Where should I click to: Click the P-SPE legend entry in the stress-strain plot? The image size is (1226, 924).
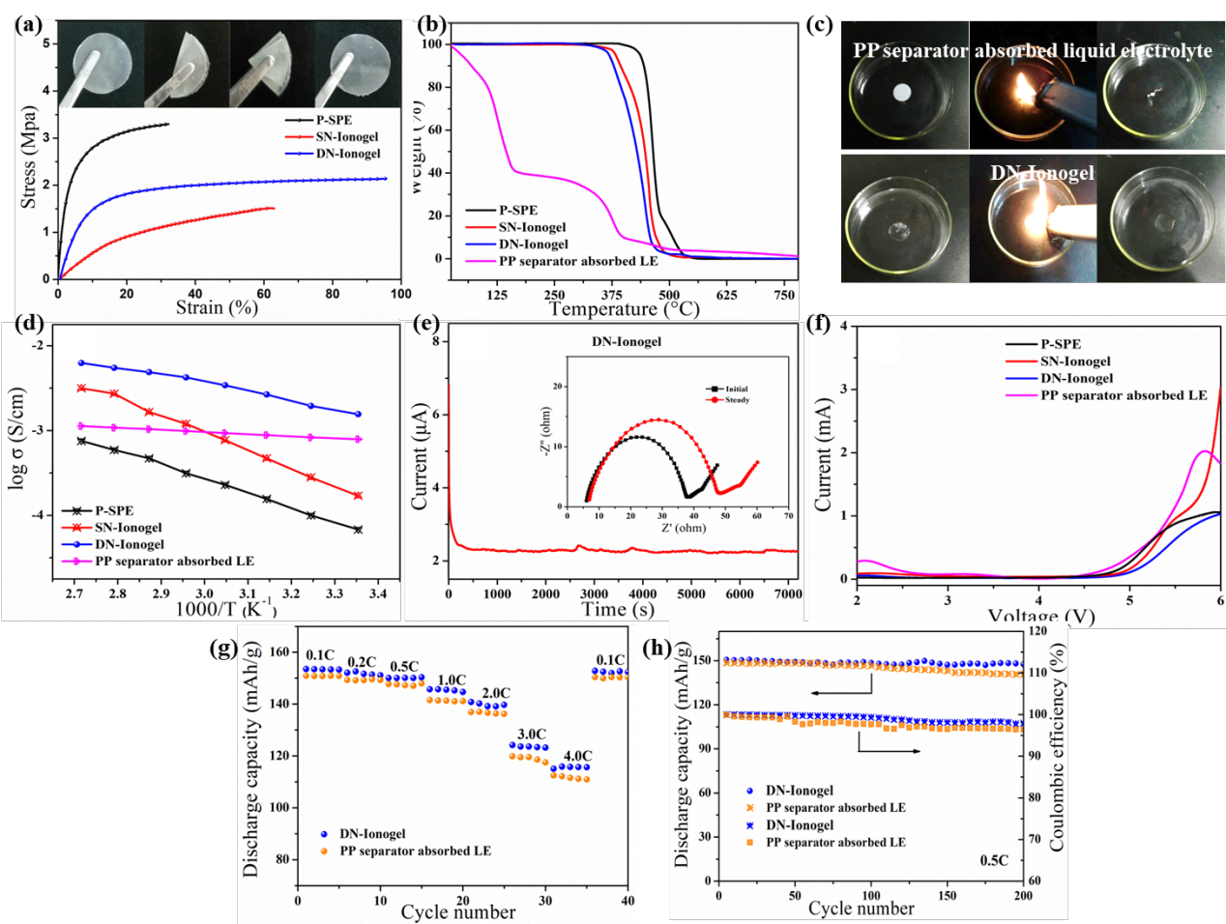coord(333,120)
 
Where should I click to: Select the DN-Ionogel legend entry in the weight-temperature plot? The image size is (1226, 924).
coord(533,245)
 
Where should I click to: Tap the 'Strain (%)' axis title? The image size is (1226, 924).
coord(217,307)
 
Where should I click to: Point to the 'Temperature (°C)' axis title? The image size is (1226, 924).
coord(624,309)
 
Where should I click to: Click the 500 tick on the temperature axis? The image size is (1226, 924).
coord(669,295)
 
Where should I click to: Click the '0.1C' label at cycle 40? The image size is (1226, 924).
coord(610,660)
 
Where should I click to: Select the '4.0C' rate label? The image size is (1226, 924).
coord(577,756)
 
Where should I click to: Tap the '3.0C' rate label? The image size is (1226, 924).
coord(531,735)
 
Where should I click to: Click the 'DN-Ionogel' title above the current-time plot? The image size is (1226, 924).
coord(627,341)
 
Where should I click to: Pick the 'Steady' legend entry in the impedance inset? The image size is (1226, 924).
coord(737,400)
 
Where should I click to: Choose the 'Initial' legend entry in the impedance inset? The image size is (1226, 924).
coord(736,389)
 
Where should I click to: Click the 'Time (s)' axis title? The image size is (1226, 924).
coord(617,609)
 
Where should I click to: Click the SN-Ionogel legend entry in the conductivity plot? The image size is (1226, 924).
coord(128,527)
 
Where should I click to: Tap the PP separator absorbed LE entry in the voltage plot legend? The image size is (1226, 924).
coord(1124,395)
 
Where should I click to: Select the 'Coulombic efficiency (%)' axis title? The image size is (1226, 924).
coord(1057,750)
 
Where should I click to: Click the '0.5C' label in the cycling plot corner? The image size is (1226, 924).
coord(994,860)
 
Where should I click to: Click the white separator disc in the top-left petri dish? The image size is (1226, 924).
coord(901,93)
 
